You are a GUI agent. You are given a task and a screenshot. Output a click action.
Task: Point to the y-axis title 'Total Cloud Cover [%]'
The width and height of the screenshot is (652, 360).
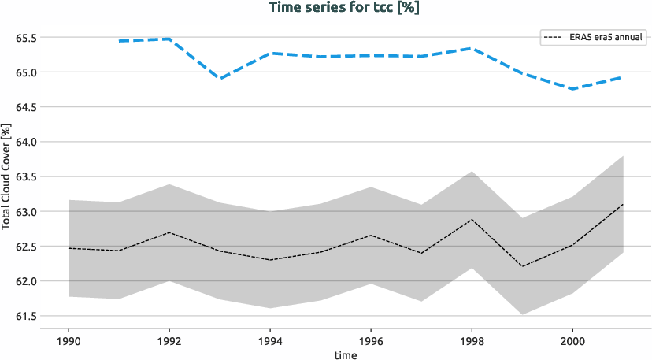coord(6,176)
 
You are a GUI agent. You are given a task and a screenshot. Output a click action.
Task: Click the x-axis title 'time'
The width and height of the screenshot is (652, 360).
coord(346,355)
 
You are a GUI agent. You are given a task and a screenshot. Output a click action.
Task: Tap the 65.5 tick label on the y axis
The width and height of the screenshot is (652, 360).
coord(27,38)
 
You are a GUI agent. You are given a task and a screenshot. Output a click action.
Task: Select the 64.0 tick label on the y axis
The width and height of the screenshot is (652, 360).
coord(27,142)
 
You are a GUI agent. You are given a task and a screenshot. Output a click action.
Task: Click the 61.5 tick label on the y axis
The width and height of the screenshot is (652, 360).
coord(27,317)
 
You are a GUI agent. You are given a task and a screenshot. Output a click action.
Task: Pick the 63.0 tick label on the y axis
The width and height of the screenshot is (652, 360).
coord(27,212)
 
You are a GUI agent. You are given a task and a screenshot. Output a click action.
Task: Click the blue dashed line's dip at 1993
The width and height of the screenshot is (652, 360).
coord(220,79)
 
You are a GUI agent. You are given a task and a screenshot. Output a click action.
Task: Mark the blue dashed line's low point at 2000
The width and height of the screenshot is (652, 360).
coord(572,89)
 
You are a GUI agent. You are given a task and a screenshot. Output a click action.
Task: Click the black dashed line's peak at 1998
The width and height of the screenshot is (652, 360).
coord(472,219)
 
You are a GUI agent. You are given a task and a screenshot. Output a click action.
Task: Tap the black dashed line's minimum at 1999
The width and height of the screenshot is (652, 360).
coord(522,266)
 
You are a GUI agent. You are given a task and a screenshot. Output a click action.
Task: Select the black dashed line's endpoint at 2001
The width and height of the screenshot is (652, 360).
coord(623,204)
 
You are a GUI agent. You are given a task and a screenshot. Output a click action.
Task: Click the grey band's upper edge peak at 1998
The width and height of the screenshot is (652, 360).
coord(472,171)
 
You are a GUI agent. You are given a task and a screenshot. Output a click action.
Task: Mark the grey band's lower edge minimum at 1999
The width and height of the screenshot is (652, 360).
coord(522,314)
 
